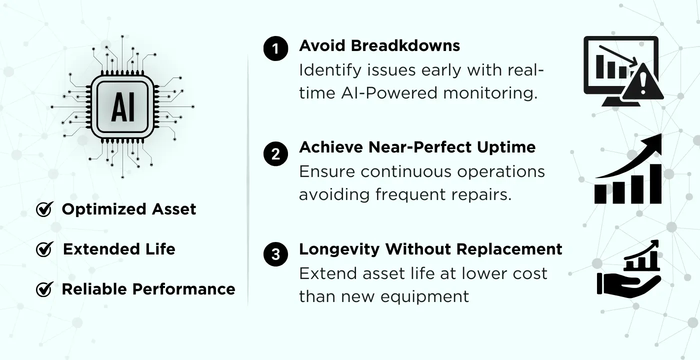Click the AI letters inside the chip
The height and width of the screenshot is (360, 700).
tap(122, 108)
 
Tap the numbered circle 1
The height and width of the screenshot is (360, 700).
tap(275, 49)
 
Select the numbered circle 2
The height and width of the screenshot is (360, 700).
tap(275, 153)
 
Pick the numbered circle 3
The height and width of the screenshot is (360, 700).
tap(275, 254)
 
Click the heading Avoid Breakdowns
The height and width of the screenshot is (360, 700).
tap(379, 46)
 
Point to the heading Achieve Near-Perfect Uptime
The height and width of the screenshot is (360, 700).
tap(417, 147)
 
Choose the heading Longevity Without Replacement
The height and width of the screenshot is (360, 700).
tap(430, 249)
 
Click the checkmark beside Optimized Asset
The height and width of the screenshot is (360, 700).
tap(44, 209)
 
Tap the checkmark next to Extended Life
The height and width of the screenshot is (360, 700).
tap(44, 249)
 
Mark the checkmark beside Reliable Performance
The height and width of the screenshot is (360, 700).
tap(44, 289)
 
